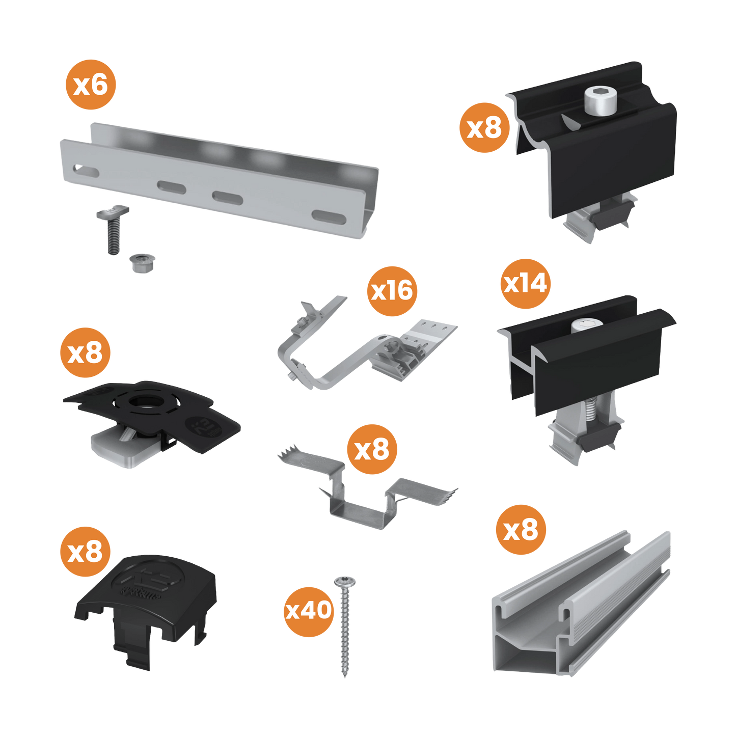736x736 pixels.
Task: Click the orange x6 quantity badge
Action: click(x=90, y=85)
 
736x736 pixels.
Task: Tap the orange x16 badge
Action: click(x=392, y=291)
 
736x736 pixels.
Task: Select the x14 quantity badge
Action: click(x=525, y=283)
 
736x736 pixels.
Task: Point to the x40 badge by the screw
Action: click(x=309, y=610)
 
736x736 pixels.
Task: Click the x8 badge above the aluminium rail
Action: click(x=521, y=530)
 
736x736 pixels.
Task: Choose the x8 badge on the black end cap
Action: click(x=85, y=552)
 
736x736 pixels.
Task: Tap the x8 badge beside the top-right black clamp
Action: click(x=484, y=127)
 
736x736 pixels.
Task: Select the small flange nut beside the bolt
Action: click(x=141, y=262)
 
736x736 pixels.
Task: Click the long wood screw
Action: click(x=344, y=626)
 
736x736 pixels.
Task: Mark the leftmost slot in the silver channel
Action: click(x=86, y=170)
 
